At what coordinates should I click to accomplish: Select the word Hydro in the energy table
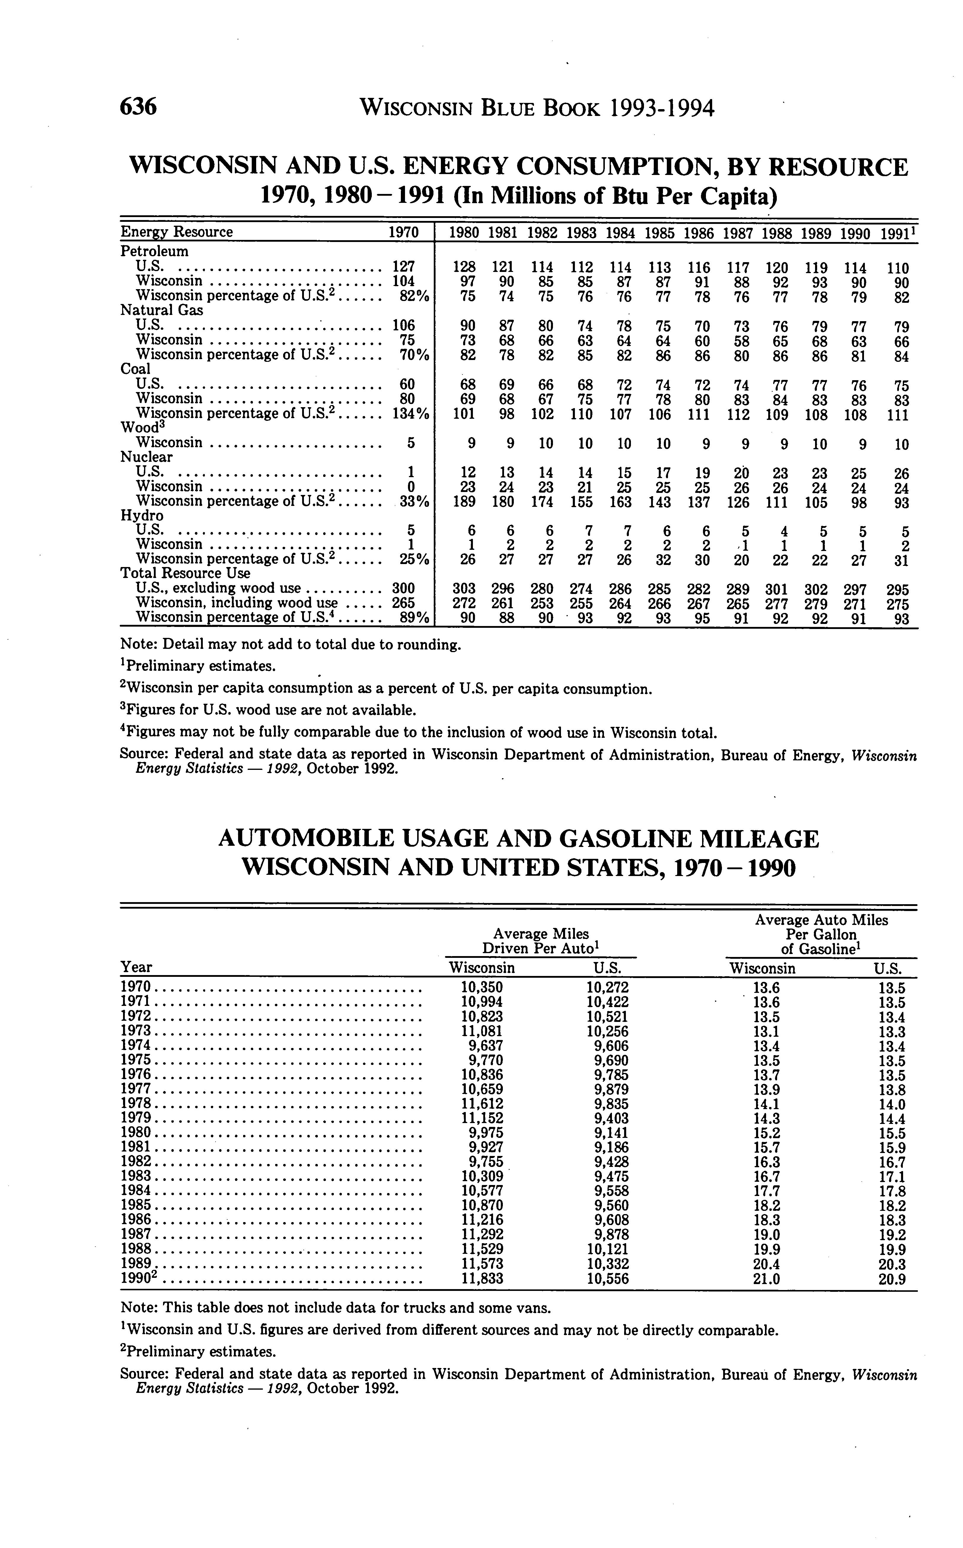(141, 515)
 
